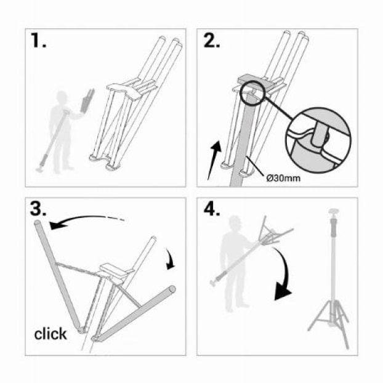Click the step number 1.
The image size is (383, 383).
pos(38,41)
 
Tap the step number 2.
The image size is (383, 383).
pos(212,41)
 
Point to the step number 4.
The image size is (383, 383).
pos(212,209)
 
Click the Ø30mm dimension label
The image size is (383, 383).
pos(283,178)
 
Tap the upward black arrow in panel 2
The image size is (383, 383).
pos(214,160)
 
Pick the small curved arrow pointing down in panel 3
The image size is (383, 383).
pos(170,259)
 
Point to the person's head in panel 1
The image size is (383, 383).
pos(61,97)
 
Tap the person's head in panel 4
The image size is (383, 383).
pos(235,222)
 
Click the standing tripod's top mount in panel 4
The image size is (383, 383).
pos(334,211)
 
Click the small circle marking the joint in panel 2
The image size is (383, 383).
pos(253,93)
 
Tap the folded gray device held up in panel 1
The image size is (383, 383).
pos(87,101)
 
